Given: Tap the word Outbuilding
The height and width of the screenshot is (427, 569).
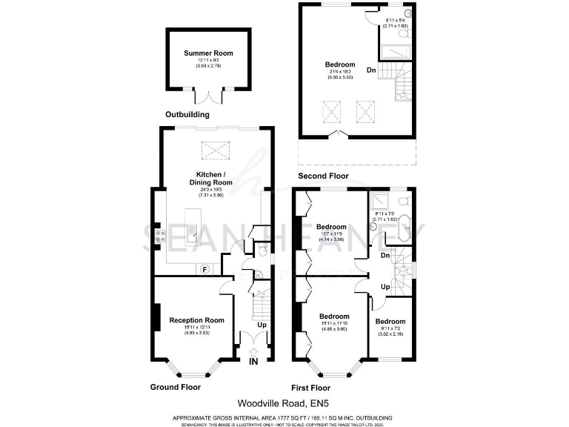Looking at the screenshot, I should pos(187,115).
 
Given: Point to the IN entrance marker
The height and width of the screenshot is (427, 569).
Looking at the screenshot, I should pos(253,362).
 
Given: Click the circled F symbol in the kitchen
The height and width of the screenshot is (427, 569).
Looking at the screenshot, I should pos(205,268).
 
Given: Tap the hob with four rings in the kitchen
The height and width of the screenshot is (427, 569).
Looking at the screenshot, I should pos(159,234).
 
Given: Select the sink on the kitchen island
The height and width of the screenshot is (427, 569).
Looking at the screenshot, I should pos(191,238).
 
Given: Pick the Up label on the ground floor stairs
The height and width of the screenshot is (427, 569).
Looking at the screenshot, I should pos(261,325).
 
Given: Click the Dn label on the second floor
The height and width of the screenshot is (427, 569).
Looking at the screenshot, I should pos(371,70).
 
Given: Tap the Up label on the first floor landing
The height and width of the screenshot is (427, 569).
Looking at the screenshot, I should pos(385,286).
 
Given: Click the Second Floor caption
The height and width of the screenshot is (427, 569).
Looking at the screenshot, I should pos(323,176).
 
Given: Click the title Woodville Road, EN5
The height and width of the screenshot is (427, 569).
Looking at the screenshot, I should pos(284,403).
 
